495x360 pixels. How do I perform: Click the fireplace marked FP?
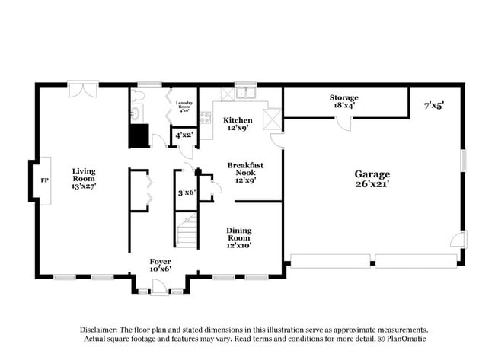[43, 182]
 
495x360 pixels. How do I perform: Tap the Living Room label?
[84, 178]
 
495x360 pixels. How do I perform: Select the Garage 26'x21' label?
[372, 178]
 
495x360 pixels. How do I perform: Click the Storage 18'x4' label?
[343, 101]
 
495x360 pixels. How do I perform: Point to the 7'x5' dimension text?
[433, 106]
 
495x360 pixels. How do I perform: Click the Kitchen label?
[238, 124]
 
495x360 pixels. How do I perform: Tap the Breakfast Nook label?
[245, 172]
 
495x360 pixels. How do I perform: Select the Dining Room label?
[238, 237]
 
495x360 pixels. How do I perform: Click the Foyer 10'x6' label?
[161, 265]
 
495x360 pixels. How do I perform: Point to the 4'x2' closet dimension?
[184, 135]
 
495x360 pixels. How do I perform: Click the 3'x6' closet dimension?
[187, 193]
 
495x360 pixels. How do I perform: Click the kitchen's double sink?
[245, 94]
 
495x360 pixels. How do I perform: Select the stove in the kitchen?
[205, 117]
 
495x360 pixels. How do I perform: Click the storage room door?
[343, 124]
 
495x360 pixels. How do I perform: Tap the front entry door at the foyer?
[159, 287]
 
